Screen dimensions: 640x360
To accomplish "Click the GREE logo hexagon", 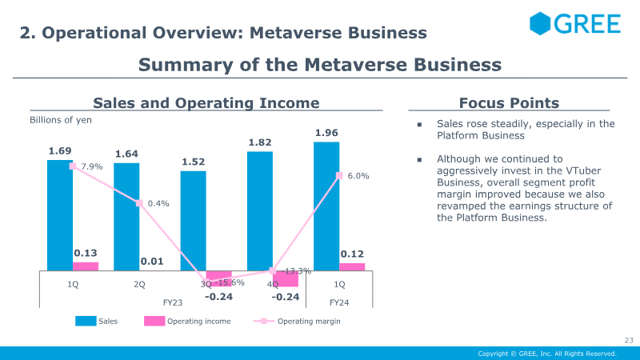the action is pyautogui.click(x=540, y=23).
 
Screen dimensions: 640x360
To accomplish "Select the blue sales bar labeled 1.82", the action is pyautogui.click(x=260, y=211).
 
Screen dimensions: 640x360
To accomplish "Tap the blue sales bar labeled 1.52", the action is pyautogui.click(x=194, y=221).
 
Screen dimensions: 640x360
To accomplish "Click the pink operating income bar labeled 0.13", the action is pyautogui.click(x=86, y=266).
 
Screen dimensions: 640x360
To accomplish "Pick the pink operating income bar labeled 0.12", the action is pyautogui.click(x=352, y=267).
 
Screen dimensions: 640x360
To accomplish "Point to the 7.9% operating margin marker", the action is pyautogui.click(x=73, y=166).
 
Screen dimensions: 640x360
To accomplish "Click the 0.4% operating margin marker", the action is pyautogui.click(x=139, y=203).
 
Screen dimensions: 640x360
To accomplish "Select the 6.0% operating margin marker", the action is pyautogui.click(x=339, y=175).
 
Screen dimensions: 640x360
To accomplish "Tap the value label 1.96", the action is pyautogui.click(x=326, y=133).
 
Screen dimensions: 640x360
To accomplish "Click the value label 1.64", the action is pyautogui.click(x=126, y=154).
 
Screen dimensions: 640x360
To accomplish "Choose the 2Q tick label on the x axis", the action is pyautogui.click(x=139, y=284).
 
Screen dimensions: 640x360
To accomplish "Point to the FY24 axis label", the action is pyautogui.click(x=339, y=302).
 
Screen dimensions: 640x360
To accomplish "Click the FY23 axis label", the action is pyautogui.click(x=173, y=302).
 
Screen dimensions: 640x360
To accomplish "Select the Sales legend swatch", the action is pyautogui.click(x=86, y=321).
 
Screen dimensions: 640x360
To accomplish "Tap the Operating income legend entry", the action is pyautogui.click(x=187, y=321).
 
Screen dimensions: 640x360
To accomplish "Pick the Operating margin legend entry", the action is pyautogui.click(x=297, y=322).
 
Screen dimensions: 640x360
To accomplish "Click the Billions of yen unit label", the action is pyautogui.click(x=61, y=120).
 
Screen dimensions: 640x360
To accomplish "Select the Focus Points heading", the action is pyautogui.click(x=509, y=103).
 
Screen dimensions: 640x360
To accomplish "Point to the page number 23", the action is pyautogui.click(x=629, y=341).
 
